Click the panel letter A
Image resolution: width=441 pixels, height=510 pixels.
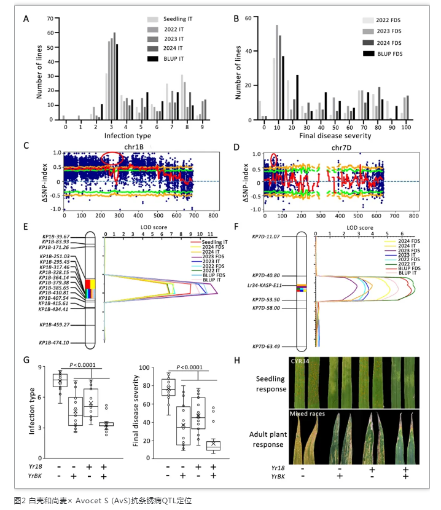pos(26,19)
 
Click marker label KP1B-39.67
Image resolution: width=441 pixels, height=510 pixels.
pos(55,236)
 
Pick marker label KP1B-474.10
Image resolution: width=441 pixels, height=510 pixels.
pos(53,342)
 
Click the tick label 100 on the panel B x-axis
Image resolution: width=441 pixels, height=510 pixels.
pos(406,127)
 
